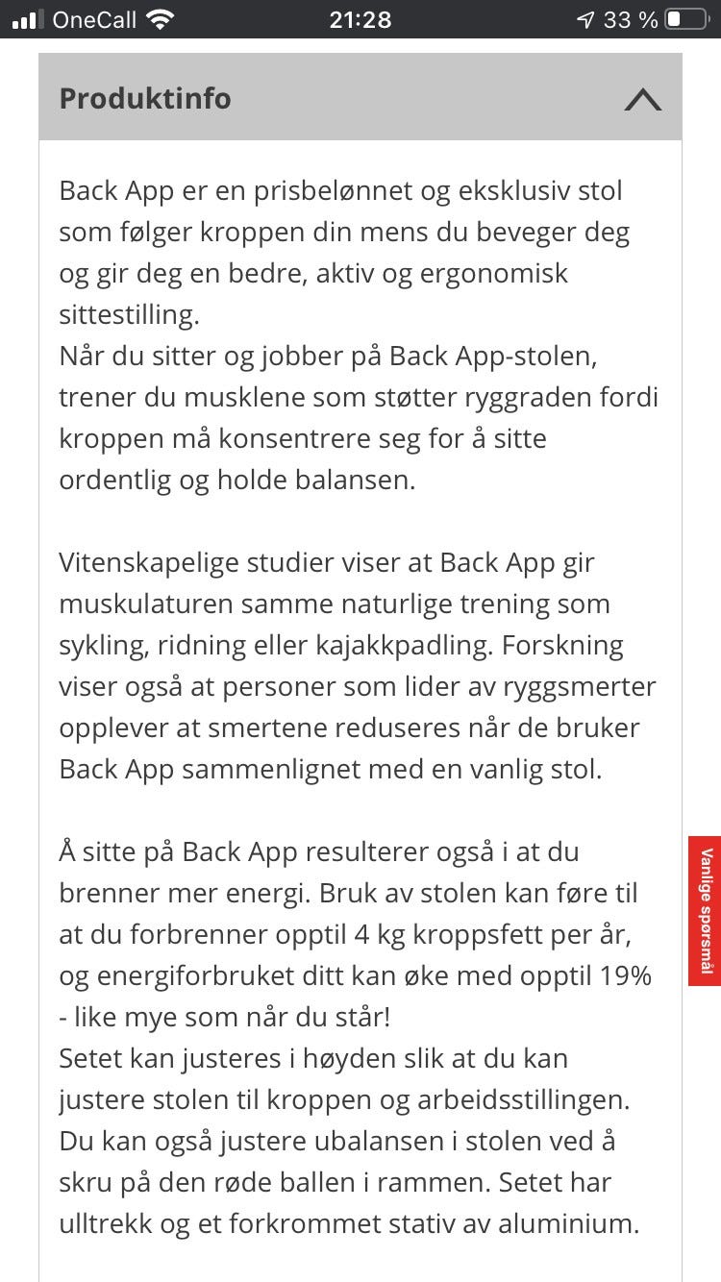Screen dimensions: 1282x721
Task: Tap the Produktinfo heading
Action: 145,99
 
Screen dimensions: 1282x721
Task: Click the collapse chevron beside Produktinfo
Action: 642,99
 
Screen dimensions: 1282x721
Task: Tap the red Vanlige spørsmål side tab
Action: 705,910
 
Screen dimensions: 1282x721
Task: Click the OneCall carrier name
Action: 94,19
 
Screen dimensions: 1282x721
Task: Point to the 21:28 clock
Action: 360,19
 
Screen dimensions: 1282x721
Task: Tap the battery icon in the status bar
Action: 685,19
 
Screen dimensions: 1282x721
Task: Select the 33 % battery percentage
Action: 631,19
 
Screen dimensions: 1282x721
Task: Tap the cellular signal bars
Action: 27,19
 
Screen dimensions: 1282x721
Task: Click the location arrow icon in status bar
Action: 584,19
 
